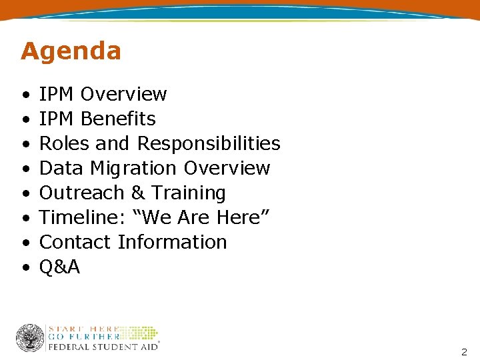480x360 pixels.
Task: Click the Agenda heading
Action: pyautogui.click(x=71, y=51)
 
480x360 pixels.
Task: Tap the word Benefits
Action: pyautogui.click(x=117, y=119)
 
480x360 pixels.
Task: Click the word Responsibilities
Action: pyautogui.click(x=209, y=143)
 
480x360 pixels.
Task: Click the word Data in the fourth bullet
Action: pyautogui.click(x=56, y=168)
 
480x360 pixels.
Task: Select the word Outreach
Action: pyautogui.click(x=83, y=193)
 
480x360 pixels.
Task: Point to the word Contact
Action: pyautogui.click(x=75, y=242)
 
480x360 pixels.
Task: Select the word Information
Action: pyautogui.click(x=172, y=242)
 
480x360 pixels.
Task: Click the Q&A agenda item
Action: pyautogui.click(x=59, y=267)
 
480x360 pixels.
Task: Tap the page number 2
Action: pyautogui.click(x=464, y=351)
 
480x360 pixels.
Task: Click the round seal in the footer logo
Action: pyautogui.click(x=30, y=338)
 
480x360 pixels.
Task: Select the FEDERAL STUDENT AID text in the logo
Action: pyautogui.click(x=103, y=346)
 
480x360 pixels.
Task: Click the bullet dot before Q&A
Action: pyautogui.click(x=24, y=267)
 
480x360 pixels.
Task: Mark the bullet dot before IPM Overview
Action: pyautogui.click(x=24, y=95)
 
